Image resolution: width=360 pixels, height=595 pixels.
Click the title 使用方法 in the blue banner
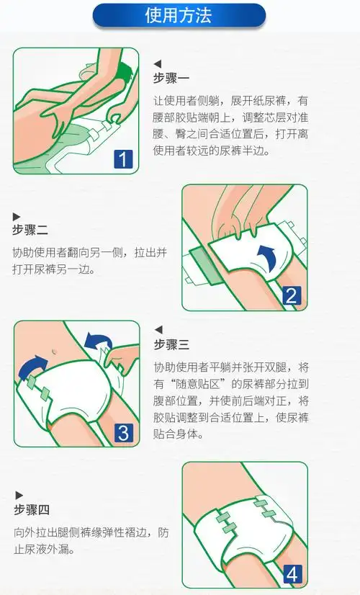click(179, 15)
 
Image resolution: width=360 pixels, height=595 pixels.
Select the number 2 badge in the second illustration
click(292, 295)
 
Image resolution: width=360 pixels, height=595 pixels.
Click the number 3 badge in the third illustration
click(124, 432)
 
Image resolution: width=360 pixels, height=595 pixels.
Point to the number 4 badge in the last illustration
click(292, 573)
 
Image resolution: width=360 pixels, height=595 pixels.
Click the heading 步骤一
click(171, 79)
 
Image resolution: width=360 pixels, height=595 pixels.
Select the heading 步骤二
click(30, 231)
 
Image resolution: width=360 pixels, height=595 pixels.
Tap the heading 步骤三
click(171, 344)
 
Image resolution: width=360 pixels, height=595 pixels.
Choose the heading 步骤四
click(31, 510)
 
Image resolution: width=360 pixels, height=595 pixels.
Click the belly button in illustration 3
click(55, 353)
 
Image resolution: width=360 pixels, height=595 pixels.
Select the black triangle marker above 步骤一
click(158, 64)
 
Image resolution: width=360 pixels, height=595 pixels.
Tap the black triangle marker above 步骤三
click(158, 330)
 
